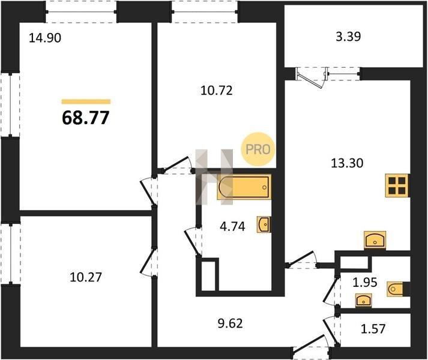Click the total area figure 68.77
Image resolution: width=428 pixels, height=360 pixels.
pos(86,118)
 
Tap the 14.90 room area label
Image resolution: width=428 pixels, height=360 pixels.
pos(45,38)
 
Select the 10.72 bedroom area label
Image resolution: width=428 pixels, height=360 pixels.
pos(217,91)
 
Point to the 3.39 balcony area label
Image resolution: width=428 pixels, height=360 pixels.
pos(348,37)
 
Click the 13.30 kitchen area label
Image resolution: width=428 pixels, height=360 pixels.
pos(347,163)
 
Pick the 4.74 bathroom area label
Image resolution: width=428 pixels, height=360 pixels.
pos(232,227)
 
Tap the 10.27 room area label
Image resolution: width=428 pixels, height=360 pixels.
pos(86,277)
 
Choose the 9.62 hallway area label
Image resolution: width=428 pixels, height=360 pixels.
pos(230,323)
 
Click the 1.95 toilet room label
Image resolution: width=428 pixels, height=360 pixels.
pos(365,282)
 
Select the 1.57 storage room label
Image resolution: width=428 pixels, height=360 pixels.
pos(373,329)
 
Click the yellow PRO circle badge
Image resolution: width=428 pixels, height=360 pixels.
pos(258,149)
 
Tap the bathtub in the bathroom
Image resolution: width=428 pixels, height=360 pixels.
pos(244,187)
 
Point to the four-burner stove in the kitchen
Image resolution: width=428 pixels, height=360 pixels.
pos(397,185)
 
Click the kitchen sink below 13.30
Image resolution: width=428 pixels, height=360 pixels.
pos(375,240)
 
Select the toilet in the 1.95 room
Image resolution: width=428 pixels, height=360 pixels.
pos(395,289)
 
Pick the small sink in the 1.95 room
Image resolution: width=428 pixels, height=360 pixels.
pos(363,300)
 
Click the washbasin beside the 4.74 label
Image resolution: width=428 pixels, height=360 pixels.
pos(264,224)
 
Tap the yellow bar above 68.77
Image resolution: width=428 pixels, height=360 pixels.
pos(86,102)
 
